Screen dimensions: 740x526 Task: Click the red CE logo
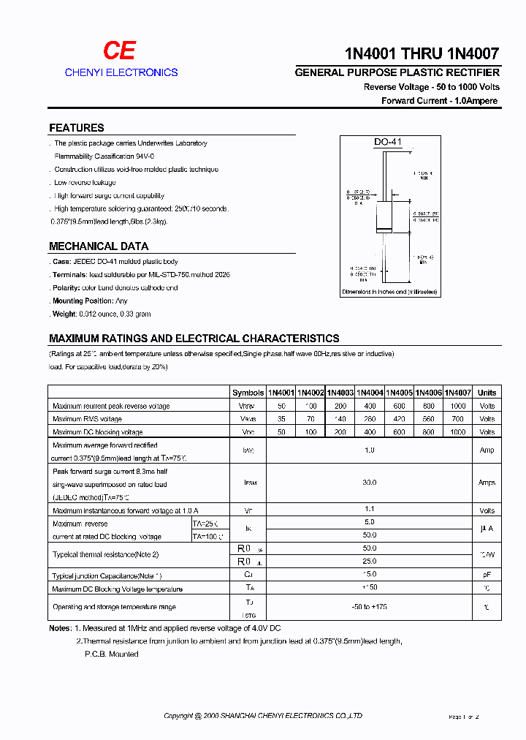pyautogui.click(x=119, y=50)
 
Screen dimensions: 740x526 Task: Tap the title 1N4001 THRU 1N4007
pyautogui.click(x=422, y=53)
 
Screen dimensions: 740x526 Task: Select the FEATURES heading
pyautogui.click(x=77, y=127)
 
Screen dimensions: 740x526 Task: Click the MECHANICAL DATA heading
pyautogui.click(x=99, y=246)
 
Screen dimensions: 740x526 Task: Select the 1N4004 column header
pyautogui.click(x=370, y=393)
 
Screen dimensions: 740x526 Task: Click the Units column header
pyautogui.click(x=487, y=393)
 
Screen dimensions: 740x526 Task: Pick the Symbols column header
pyautogui.click(x=248, y=393)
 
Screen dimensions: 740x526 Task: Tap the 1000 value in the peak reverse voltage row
pyautogui.click(x=457, y=406)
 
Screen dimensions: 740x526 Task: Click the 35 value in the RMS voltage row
pyautogui.click(x=281, y=419)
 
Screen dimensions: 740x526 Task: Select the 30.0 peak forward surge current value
pyautogui.click(x=370, y=483)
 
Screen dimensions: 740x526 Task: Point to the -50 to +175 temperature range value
pyautogui.click(x=370, y=607)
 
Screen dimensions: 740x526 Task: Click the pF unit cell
pyautogui.click(x=487, y=575)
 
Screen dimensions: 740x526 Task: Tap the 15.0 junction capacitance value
pyautogui.click(x=370, y=575)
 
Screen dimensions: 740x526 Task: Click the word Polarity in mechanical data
pyautogui.click(x=66, y=288)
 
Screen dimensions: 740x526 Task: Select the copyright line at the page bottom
pyautogui.click(x=263, y=716)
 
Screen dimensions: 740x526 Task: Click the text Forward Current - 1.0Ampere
pyautogui.click(x=440, y=101)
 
